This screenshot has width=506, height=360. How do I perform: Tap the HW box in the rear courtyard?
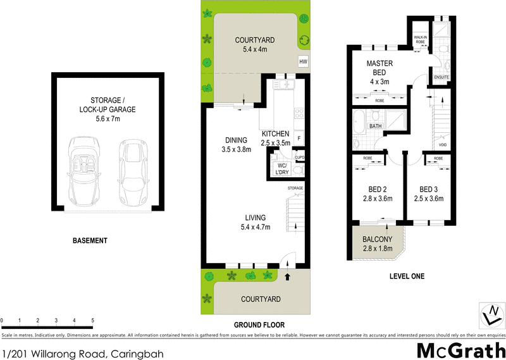point(303,61)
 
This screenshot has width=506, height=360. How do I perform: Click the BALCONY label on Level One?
point(377,239)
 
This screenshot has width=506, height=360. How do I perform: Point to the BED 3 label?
point(428,189)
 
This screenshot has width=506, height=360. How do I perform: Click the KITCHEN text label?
point(275,134)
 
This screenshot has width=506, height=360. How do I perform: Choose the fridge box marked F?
point(299,139)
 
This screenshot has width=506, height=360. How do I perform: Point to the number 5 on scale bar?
point(93,321)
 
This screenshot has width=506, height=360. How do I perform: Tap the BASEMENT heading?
point(90,240)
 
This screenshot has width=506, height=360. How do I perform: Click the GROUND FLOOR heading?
point(252,325)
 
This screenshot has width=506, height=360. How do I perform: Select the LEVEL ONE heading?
point(405,276)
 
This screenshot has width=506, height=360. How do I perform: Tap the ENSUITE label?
point(441,78)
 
